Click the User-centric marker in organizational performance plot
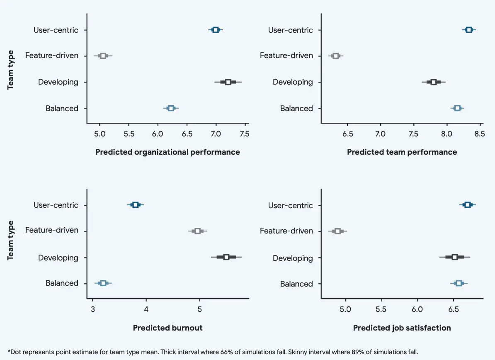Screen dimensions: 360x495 pos(216,29)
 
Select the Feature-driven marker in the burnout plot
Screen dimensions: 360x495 pos(198,231)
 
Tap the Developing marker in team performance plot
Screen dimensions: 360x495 pos(434,82)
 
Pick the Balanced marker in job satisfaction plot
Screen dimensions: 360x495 pos(459,283)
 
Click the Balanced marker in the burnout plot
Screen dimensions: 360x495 pos(103,283)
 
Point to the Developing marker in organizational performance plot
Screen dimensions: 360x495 pos(228,82)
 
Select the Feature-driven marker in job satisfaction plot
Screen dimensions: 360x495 pos(338,231)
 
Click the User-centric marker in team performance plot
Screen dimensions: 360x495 pos(469,29)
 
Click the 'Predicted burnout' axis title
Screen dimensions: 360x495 pos(167,328)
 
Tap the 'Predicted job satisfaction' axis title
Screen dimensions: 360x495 pos(402,328)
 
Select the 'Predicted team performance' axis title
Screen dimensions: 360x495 pos(402,152)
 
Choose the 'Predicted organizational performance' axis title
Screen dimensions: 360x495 pos(167,152)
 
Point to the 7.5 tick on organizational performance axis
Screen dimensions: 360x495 pos(245,134)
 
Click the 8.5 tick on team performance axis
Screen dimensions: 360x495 pos(480,134)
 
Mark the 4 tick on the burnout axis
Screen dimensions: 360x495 pos(146,309)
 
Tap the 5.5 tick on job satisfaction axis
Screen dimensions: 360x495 pos(381,309)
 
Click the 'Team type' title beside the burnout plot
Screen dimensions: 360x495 pos(11,240)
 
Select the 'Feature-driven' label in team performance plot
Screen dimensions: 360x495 pos(286,56)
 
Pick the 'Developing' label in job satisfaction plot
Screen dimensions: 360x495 pos(293,258)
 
